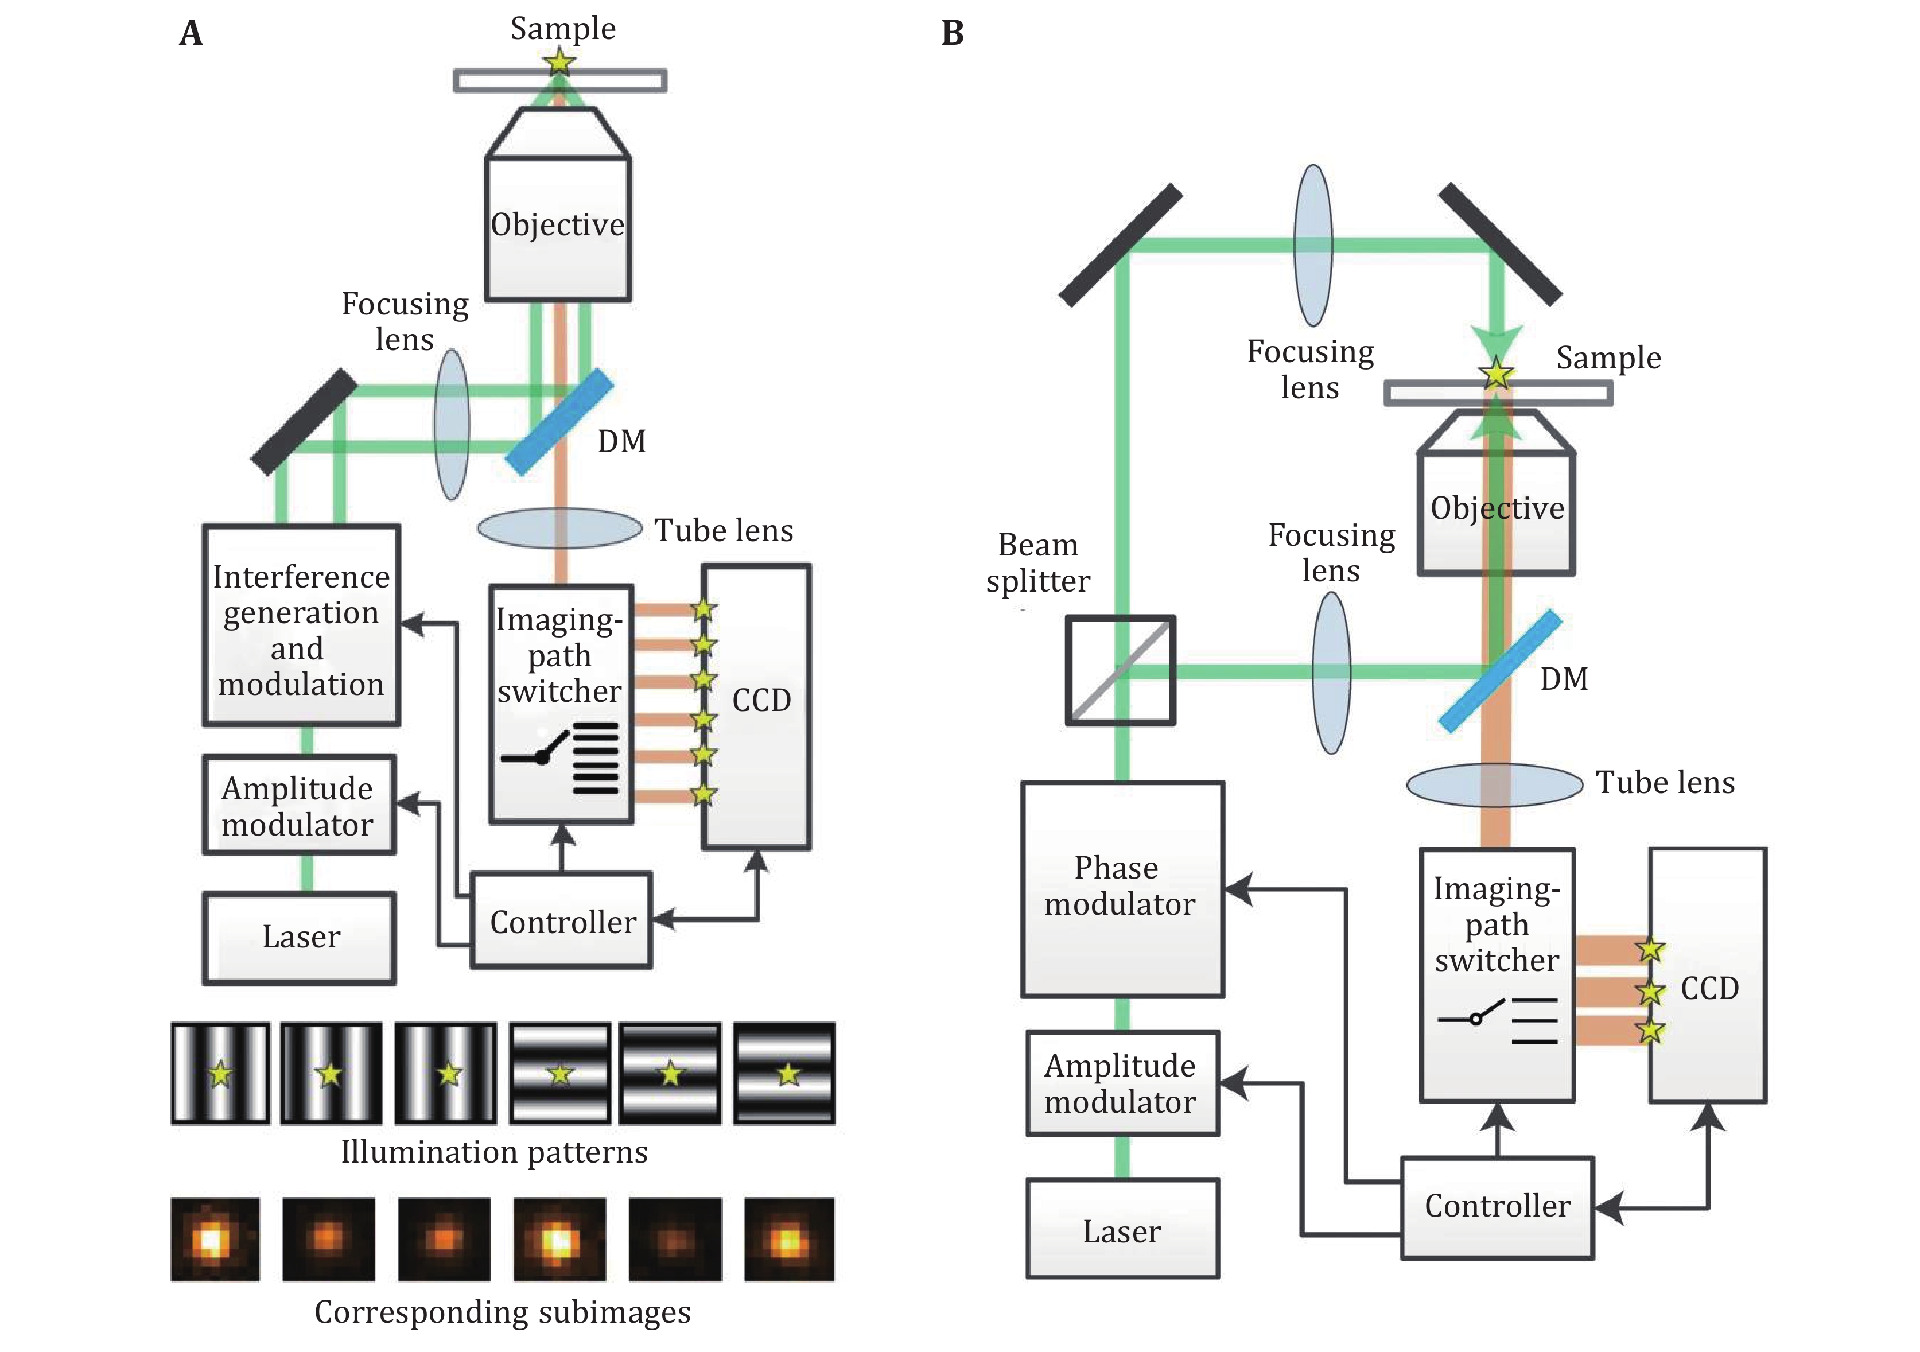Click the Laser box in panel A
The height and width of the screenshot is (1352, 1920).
[x=300, y=937]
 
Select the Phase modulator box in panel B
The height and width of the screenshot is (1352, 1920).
[x=1121, y=889]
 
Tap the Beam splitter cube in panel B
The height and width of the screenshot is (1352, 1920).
[x=1120, y=671]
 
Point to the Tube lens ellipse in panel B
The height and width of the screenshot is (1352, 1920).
[x=1494, y=784]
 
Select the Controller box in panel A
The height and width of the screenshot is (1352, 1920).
[x=561, y=920]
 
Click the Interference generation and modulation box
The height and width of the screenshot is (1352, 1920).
[x=301, y=624]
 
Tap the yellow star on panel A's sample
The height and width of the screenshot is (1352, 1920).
[x=558, y=61]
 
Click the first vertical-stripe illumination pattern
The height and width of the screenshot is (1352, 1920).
[x=220, y=1073]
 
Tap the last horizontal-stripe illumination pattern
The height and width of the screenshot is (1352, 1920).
[x=784, y=1073]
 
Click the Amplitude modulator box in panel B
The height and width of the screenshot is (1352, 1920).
[x=1121, y=1083]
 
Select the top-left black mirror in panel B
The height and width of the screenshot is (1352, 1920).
[x=1121, y=246]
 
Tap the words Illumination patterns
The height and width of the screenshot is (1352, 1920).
[x=493, y=1152]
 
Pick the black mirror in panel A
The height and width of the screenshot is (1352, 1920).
[x=304, y=421]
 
